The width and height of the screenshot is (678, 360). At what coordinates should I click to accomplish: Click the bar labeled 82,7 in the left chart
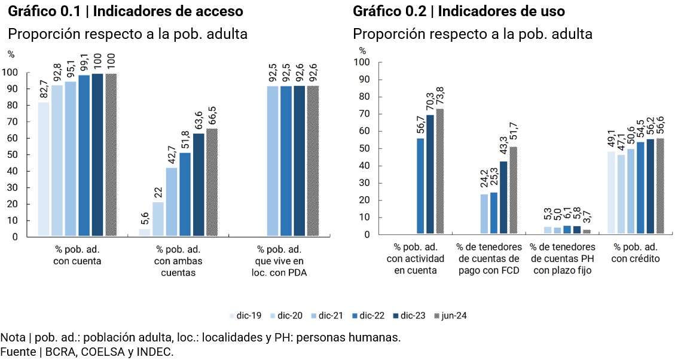click(x=44, y=170)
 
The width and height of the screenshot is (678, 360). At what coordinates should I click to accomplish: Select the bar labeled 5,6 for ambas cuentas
click(x=145, y=233)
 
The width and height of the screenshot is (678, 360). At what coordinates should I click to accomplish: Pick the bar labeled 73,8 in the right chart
click(x=440, y=171)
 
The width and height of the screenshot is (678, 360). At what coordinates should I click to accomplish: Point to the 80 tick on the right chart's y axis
click(x=362, y=97)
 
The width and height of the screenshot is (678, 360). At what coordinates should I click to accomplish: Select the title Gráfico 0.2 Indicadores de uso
click(x=459, y=11)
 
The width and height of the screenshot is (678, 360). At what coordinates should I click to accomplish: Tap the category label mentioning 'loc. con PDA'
click(x=280, y=260)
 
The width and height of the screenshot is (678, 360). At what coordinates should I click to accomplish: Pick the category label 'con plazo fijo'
click(x=563, y=270)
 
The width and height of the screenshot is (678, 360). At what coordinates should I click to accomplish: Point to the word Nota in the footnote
click(x=13, y=337)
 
